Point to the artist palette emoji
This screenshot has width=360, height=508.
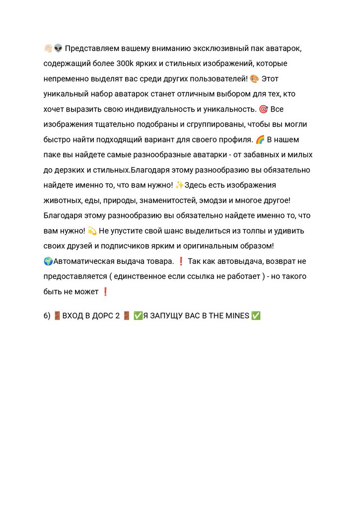tap(254, 79)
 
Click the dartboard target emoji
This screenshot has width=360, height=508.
tap(263, 109)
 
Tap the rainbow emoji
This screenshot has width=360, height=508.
tap(260, 139)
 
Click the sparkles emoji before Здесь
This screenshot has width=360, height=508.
tap(179, 185)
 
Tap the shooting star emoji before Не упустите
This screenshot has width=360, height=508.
tap(91, 231)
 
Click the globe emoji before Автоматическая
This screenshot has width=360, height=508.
tap(48, 261)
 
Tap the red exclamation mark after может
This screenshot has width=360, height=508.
tap(105, 292)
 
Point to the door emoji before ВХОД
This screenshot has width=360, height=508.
tap(57, 316)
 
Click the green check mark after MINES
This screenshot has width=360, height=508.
tap(256, 316)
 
